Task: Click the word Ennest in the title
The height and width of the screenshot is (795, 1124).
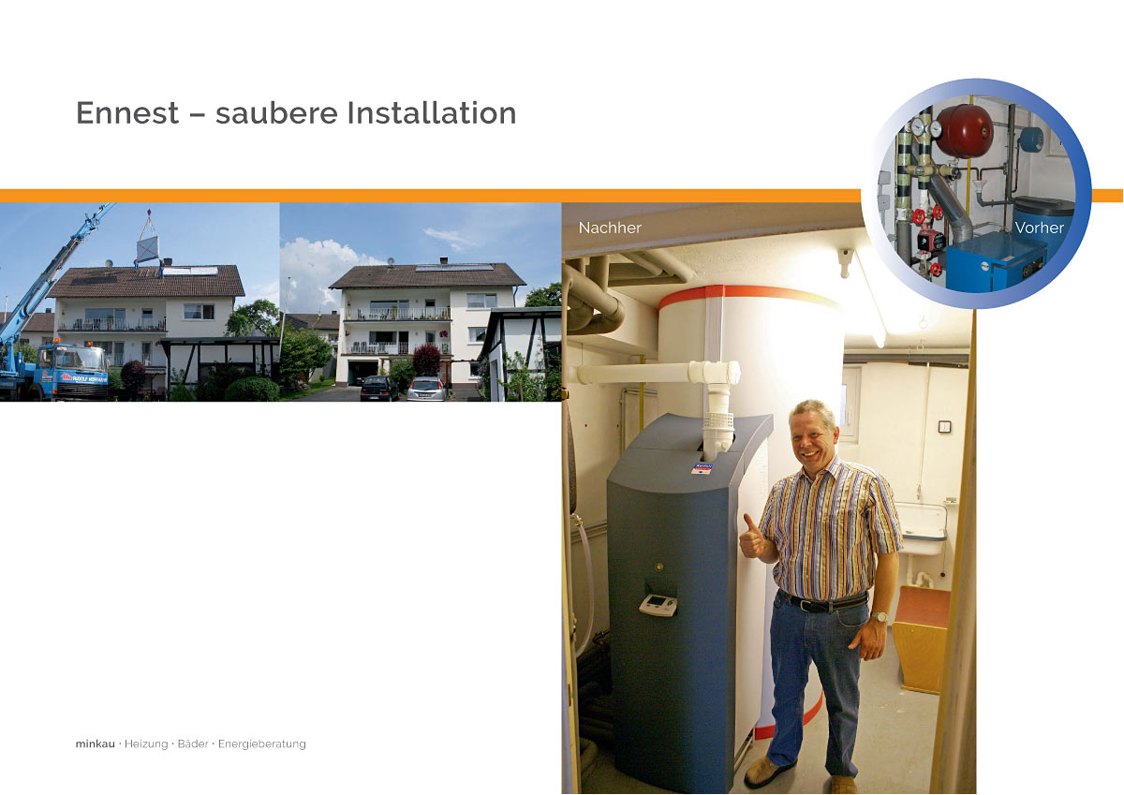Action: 127,113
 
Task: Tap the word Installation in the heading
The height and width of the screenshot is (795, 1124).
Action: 432,113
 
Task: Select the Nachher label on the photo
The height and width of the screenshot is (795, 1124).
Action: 610,228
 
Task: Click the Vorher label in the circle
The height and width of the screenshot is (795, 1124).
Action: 1039,228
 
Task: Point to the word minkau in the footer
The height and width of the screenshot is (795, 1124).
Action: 96,743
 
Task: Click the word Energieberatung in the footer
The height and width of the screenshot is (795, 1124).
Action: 262,744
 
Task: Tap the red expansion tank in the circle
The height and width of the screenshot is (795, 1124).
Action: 964,131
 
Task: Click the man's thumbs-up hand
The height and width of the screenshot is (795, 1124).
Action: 753,537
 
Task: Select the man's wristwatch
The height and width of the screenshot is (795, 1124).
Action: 880,616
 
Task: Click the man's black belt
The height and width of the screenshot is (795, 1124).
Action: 823,602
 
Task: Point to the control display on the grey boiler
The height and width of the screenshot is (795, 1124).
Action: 658,604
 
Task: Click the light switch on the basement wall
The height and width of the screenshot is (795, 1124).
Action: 945,427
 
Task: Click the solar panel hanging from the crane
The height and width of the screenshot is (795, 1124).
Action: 148,249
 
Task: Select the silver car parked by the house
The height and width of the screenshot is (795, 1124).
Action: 426,389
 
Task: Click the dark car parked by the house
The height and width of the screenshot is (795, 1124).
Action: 379,389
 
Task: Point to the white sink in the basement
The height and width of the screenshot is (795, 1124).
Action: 922,530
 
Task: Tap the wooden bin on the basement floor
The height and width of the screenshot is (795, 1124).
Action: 922,640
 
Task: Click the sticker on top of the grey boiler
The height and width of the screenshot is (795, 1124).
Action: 702,468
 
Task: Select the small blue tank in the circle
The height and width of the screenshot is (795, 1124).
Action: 1031,139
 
